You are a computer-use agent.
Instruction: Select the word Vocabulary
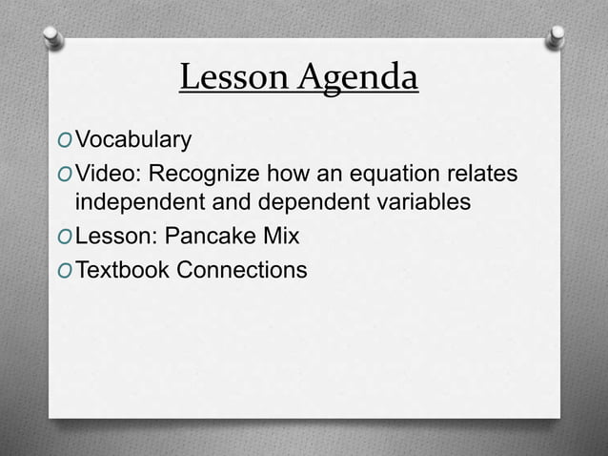pos(134,142)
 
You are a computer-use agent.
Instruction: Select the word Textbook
pos(123,271)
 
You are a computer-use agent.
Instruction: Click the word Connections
pos(242,271)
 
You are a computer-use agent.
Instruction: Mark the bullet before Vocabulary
pos(64,143)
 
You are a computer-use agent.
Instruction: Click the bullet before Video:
pos(64,176)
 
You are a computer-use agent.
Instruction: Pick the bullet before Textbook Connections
pos(64,272)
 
